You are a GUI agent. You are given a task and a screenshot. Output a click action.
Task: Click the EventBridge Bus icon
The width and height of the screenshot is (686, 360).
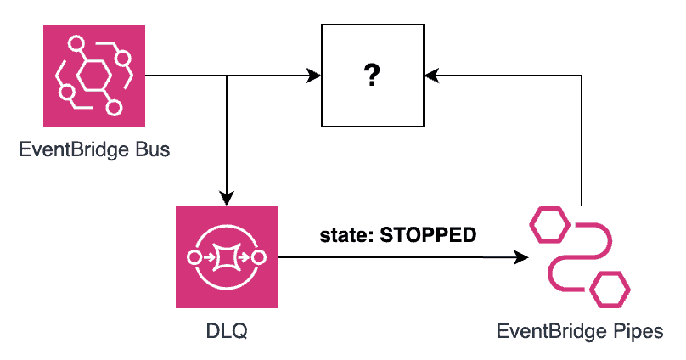(x=94, y=76)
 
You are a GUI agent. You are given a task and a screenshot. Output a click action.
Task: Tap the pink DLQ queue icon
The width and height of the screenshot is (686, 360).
(x=227, y=256)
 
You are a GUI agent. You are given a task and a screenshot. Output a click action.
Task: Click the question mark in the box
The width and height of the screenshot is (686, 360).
(x=370, y=76)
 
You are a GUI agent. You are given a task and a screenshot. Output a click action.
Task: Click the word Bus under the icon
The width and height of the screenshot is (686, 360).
(x=153, y=151)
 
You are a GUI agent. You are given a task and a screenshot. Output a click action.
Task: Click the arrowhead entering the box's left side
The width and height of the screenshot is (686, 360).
(x=314, y=76)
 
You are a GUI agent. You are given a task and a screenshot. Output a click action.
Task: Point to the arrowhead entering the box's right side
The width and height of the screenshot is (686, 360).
(x=432, y=76)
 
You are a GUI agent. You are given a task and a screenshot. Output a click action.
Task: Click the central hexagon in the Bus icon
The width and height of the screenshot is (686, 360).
(x=93, y=76)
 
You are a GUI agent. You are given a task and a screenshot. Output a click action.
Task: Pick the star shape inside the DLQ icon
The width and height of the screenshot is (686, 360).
(x=227, y=256)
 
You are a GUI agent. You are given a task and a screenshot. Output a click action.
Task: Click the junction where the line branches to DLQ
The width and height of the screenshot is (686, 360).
(x=227, y=76)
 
